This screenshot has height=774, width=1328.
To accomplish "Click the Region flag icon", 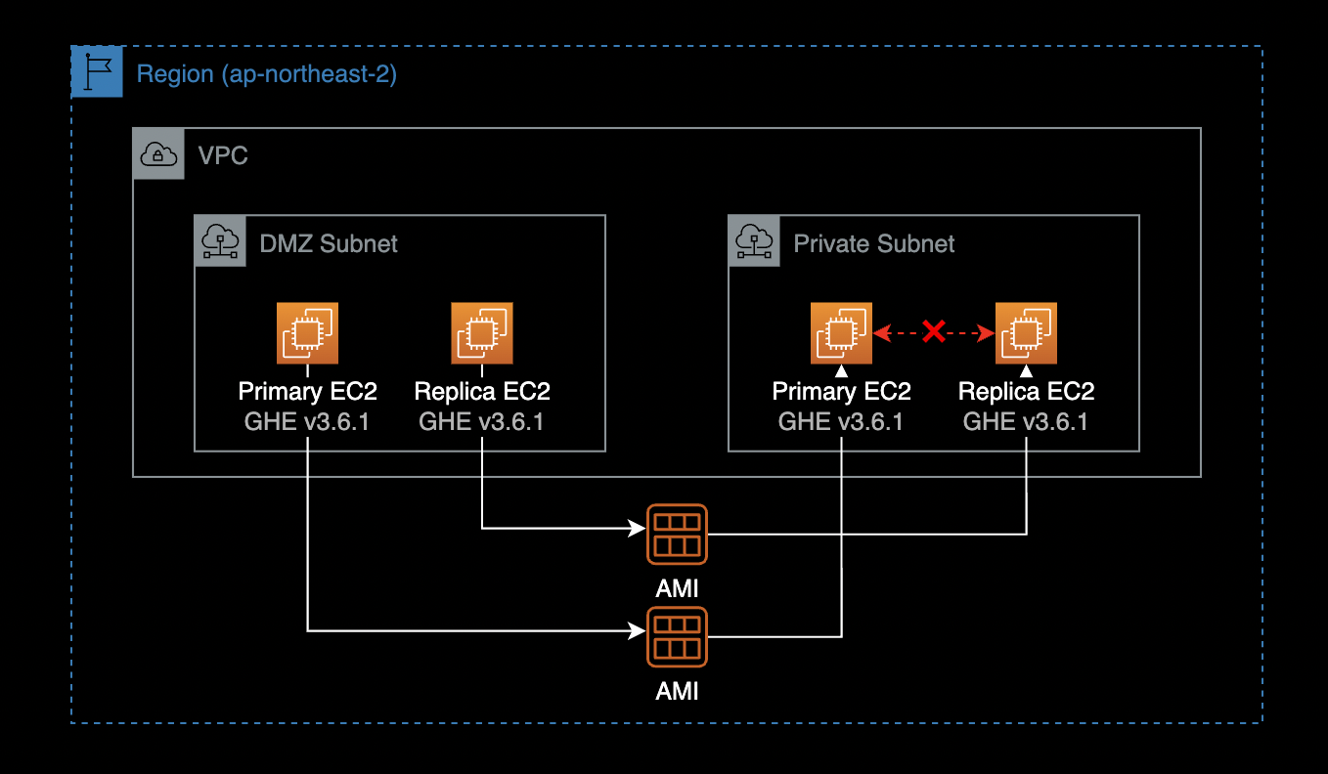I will pos(98,72).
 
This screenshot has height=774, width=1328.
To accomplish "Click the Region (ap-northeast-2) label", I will pos(266,74).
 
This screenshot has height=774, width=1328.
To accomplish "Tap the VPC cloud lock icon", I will pos(158,153).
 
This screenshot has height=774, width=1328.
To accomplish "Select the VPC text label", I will pos(223,155).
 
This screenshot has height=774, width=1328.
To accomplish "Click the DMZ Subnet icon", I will pos(220,240).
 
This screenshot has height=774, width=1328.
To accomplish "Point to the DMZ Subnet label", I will pos(329,243).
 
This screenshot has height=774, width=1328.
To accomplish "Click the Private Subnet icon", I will pos(754,240).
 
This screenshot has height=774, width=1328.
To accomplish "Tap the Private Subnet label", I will pos(873,243).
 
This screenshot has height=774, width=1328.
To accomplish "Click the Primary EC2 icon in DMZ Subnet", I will pos(307,333).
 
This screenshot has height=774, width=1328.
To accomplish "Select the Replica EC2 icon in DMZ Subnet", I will pos(481,333).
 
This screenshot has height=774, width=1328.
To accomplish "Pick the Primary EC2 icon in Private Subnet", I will pos(841,333).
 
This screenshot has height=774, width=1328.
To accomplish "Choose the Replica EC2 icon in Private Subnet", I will pos(1026,333).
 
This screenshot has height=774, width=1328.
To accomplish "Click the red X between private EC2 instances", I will pos(934,333).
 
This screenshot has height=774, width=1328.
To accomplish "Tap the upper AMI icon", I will pos(677,534).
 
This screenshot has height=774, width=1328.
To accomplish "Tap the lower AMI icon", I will pos(677,637).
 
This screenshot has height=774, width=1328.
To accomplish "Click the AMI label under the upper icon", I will pos(677,588).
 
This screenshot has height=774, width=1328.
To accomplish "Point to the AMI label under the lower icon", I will pos(677,691).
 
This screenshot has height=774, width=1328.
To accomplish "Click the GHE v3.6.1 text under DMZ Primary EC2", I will pos(307,422).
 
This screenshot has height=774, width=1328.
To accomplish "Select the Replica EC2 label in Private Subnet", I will pos(1026,392).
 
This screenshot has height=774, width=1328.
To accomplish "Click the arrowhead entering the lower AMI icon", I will pos(637,631).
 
